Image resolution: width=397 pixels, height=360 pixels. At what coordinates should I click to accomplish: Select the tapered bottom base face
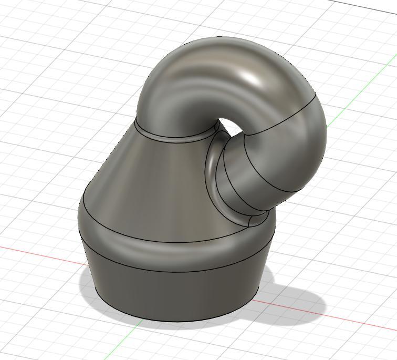[x=173, y=294]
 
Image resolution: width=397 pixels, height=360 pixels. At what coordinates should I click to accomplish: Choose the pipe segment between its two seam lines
[x=284, y=158]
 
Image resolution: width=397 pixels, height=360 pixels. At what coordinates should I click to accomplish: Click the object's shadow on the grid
[x=294, y=300]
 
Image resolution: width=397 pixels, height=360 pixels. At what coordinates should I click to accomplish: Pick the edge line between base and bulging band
[x=173, y=272]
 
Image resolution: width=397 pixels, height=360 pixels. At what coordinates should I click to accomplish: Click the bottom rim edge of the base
[x=173, y=321]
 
